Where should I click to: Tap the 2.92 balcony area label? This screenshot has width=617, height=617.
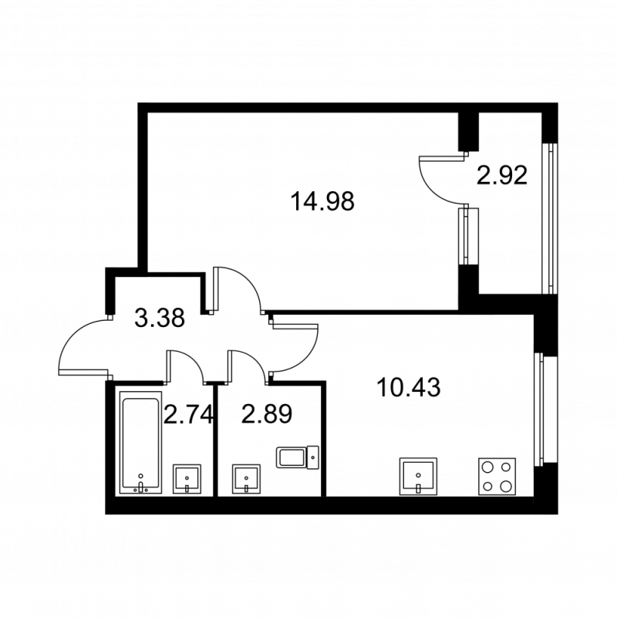pyautogui.click(x=501, y=177)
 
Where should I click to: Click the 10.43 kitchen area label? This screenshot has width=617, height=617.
pyautogui.click(x=409, y=387)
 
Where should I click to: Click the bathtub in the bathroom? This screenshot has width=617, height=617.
pyautogui.click(x=140, y=441)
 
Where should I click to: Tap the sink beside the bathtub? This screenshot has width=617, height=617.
pyautogui.click(x=188, y=479)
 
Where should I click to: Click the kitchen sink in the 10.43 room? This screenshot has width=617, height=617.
pyautogui.click(x=417, y=476)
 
